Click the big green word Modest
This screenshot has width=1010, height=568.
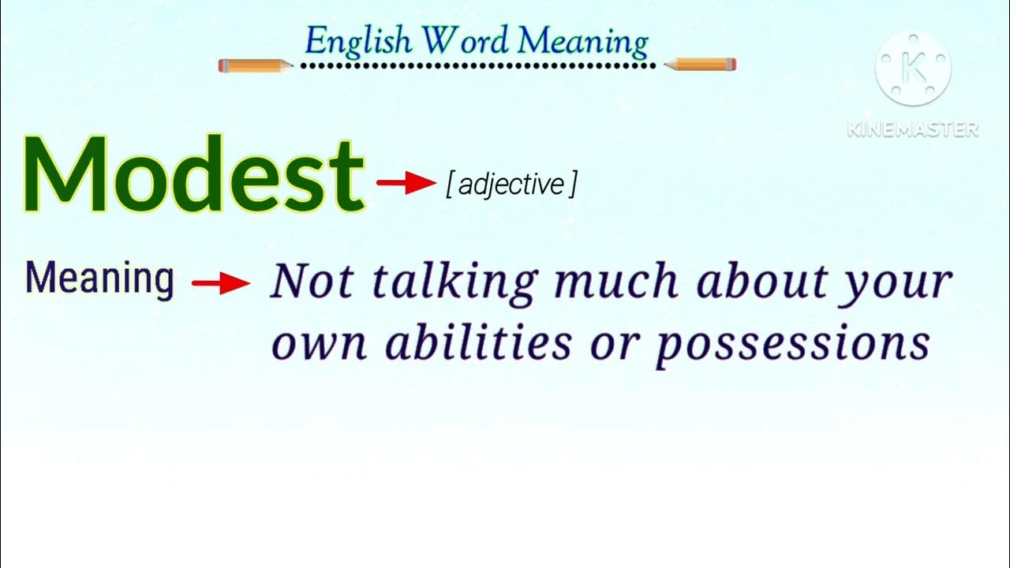click(193, 175)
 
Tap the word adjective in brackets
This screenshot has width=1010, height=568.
click(511, 185)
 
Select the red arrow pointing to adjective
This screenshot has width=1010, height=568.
click(406, 183)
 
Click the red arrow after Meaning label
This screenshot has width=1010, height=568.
click(221, 284)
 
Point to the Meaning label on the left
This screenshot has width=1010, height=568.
click(99, 279)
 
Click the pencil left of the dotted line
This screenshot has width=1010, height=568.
click(255, 65)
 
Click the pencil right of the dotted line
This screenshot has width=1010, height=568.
click(701, 65)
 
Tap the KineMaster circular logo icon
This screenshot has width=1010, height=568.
click(913, 69)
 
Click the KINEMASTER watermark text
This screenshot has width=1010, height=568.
click(913, 129)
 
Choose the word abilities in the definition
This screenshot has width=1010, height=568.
click(477, 344)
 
